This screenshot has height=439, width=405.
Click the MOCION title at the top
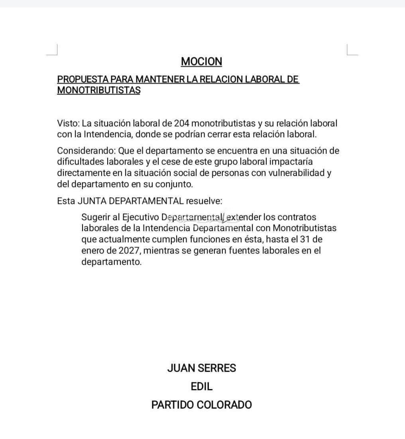[x=201, y=61]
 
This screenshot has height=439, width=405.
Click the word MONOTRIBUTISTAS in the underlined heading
[x=99, y=90]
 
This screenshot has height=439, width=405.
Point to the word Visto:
[x=68, y=123]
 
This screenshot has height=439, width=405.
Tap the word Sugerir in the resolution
[x=95, y=218]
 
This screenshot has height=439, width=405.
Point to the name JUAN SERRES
[x=201, y=368]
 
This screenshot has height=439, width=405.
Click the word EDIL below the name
[x=201, y=386]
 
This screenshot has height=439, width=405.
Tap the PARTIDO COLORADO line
[x=201, y=405]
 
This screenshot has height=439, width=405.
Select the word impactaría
[x=290, y=162]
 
